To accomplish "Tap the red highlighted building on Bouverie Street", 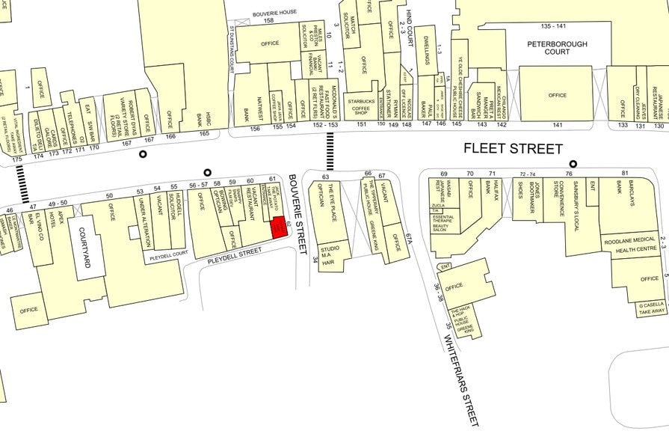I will [278, 227].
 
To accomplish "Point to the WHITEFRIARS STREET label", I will [462, 334].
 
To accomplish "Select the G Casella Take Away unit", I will [651, 310].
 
